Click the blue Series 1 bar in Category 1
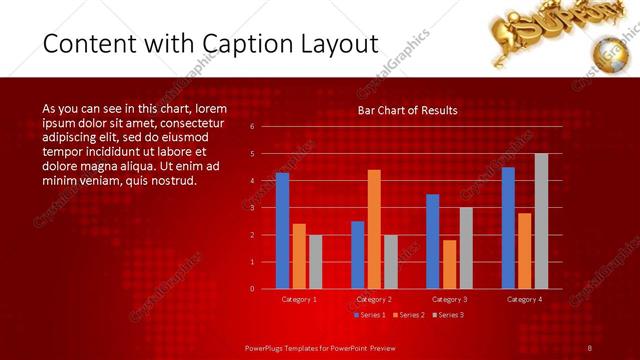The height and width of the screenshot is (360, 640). tap(282, 231)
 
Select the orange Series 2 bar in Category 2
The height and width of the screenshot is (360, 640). tap(374, 229)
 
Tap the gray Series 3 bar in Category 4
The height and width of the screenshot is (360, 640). tap(541, 221)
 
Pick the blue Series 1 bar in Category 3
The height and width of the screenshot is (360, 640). tap(432, 241)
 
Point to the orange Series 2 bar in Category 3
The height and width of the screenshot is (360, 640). tap(449, 264)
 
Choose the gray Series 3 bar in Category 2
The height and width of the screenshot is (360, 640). tap(390, 262)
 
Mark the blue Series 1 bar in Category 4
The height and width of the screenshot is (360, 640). tap(508, 228)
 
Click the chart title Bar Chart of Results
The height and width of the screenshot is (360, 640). tap(407, 110)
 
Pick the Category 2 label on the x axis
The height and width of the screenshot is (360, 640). tap(373, 299)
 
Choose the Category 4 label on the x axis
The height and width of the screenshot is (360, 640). tap(524, 299)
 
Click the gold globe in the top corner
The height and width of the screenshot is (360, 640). tap(610, 52)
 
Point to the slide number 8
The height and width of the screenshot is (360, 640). tap(590, 347)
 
